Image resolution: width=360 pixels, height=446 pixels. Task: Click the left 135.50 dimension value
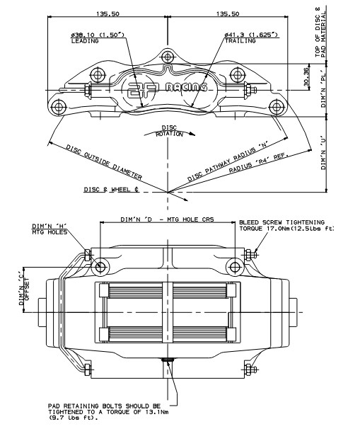tap(108, 13)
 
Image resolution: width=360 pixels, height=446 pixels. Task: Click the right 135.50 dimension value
tap(228, 13)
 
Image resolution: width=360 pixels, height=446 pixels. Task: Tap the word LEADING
tap(85, 41)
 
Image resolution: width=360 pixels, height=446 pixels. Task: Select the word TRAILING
tap(240, 40)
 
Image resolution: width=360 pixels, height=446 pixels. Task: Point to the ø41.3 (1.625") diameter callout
tap(251, 35)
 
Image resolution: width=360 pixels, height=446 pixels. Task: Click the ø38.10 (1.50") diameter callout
tap(98, 35)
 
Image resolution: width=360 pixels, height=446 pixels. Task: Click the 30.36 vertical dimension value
tap(306, 76)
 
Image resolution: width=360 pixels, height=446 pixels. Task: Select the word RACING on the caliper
tap(186, 87)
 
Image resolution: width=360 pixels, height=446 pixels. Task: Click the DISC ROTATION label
tap(169, 131)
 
